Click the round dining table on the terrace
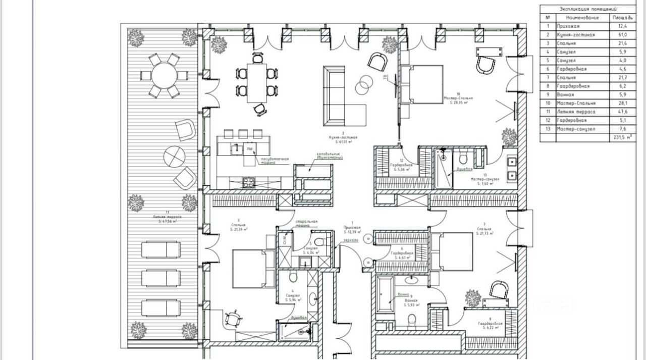[163, 76]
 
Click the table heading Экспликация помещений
[587, 9]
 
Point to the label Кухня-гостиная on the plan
[344, 137]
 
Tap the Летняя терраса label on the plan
[167, 217]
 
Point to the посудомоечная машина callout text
[275, 161]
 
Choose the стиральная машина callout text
[306, 224]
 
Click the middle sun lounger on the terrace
[160, 278]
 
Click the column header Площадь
[622, 17]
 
